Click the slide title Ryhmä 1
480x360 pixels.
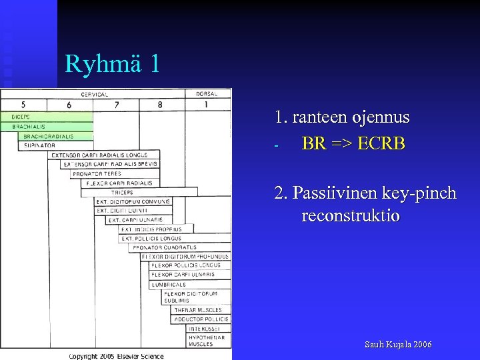[113, 64]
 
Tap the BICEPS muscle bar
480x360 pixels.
[47, 117]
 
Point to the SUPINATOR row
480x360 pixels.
[39, 145]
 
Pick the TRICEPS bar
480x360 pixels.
[140, 192]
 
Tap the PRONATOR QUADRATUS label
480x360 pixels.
[164, 247]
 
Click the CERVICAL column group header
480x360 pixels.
[94, 94]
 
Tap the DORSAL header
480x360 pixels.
[207, 94]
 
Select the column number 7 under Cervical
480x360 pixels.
[116, 105]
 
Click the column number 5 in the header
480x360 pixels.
[23, 105]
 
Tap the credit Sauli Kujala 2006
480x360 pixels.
[398, 345]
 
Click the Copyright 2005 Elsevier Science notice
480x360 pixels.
[117, 356]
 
